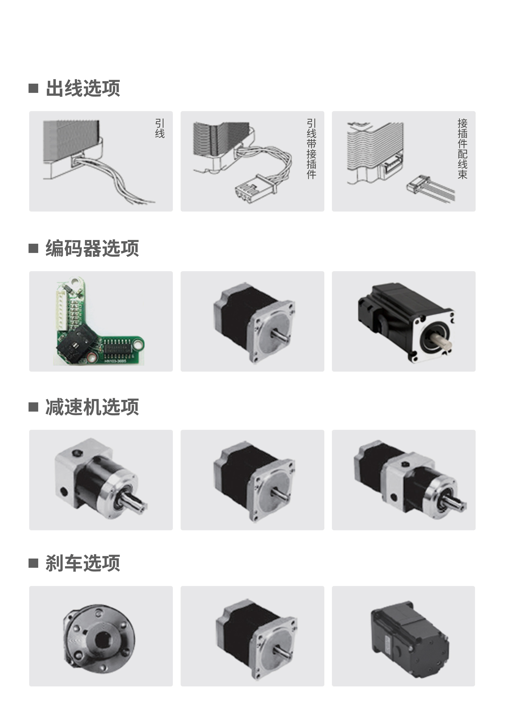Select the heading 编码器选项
click(92, 248)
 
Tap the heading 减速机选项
click(92, 407)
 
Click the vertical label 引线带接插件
click(311, 149)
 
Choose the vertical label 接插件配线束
click(462, 149)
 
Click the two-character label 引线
click(160, 128)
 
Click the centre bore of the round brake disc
click(101, 640)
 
